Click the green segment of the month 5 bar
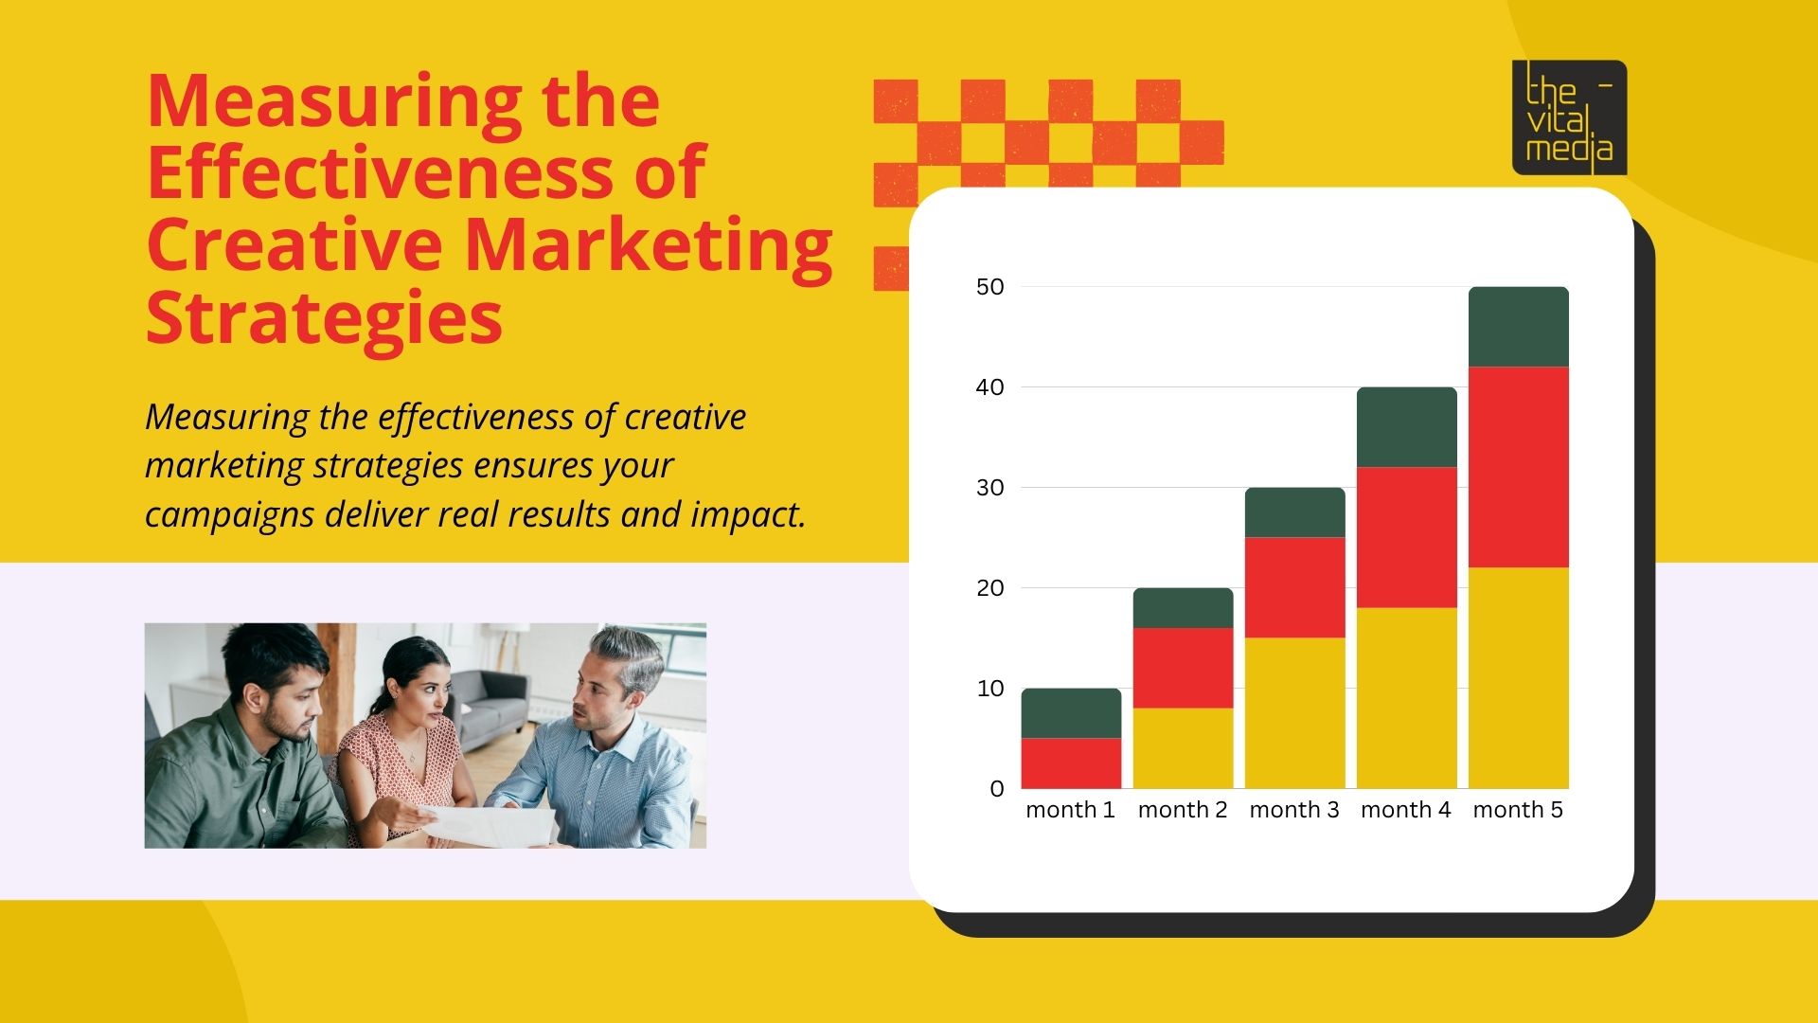pos(1518,327)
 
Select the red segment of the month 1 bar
pos(1071,763)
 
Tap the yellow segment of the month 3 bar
pos(1294,712)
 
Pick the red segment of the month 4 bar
pos(1406,537)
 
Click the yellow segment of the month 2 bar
pos(1183,747)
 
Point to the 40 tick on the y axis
pos(989,387)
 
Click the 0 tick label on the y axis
pos(996,789)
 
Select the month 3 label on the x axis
pos(1294,811)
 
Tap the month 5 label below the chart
pos(1518,811)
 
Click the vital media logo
pos(1569,118)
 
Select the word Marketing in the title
pos(648,244)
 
